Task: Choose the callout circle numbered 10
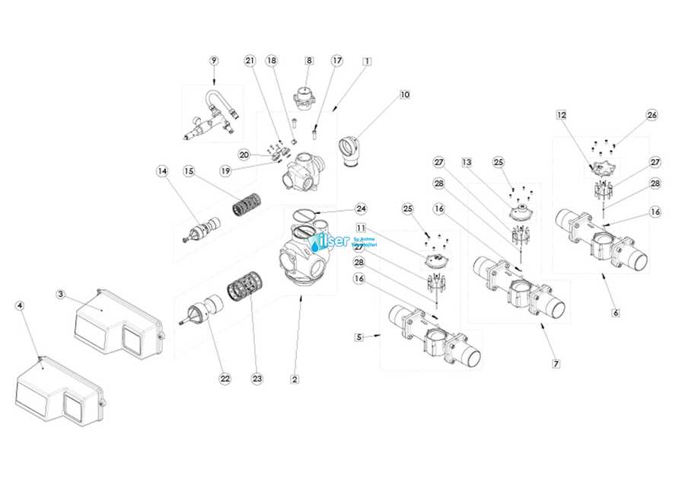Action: (404, 94)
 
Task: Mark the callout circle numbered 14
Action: (161, 171)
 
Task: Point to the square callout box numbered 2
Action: (295, 378)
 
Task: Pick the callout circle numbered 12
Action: (562, 115)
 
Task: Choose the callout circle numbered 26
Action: (652, 115)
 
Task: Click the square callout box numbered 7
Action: (556, 363)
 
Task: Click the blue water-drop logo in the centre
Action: (318, 243)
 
